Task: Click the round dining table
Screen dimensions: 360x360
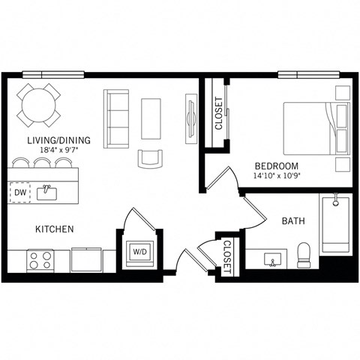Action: point(40,106)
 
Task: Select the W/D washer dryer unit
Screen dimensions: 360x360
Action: point(139,252)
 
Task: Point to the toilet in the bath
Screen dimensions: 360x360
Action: point(304,255)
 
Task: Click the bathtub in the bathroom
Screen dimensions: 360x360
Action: point(335,225)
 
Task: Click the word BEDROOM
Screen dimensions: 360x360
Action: point(276,166)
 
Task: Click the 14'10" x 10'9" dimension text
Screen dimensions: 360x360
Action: point(277,177)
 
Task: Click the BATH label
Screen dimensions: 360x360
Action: point(292,222)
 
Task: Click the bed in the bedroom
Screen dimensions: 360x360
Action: point(315,127)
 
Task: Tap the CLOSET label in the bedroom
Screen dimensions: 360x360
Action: point(219,114)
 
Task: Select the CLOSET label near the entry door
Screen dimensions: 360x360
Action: point(226,257)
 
